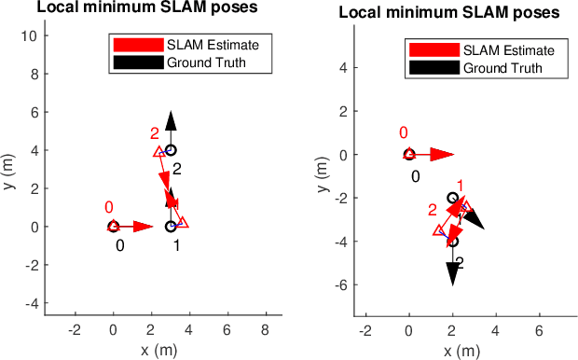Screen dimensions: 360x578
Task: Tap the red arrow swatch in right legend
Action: point(433,50)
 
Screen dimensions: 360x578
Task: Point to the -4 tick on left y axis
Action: point(29,303)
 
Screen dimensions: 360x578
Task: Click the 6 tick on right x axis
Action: point(540,331)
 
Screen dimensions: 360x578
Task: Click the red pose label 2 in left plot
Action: point(155,133)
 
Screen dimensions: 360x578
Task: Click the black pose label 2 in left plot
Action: point(176,168)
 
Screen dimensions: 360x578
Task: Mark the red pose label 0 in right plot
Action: point(403,133)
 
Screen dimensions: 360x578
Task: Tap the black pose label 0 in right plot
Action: point(416,175)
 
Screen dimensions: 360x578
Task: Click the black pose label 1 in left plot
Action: point(176,245)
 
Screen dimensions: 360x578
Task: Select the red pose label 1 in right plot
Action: point(460,186)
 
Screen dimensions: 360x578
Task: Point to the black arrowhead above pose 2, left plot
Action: point(171,118)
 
